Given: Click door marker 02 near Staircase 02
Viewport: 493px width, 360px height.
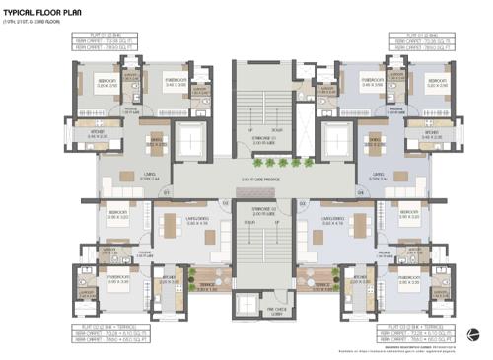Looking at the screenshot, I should pos(225,202).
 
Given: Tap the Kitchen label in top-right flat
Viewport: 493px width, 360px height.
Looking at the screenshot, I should pos(431,132).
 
